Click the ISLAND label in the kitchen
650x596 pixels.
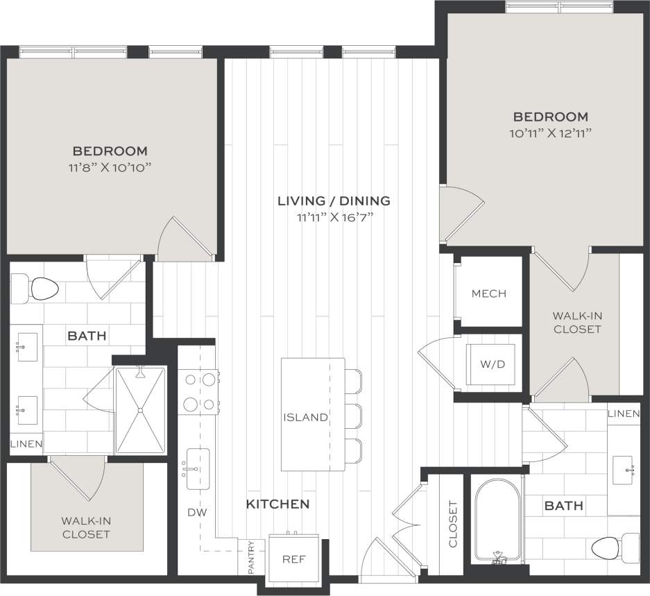tap(305, 417)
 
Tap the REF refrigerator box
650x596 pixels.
tap(293, 559)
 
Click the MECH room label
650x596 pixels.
tap(488, 293)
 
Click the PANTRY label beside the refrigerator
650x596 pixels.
tap(251, 558)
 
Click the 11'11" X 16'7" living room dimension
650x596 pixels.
tap(334, 217)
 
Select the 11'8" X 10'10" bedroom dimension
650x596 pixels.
tap(110, 167)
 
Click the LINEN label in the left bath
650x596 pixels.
tap(26, 444)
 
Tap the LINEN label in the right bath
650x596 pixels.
tap(623, 414)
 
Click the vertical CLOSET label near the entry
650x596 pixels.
tap(453, 525)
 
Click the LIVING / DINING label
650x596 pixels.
tap(334, 201)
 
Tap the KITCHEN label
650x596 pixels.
tap(277, 504)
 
